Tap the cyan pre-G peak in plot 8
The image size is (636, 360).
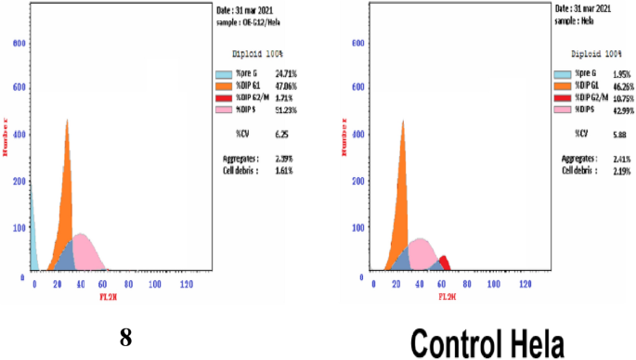[32, 241]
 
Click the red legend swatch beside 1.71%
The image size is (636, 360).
[223, 96]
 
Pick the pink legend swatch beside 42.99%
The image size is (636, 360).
[561, 109]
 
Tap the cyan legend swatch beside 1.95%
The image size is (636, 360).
[561, 73]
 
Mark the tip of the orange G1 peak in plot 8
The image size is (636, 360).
[67, 121]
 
